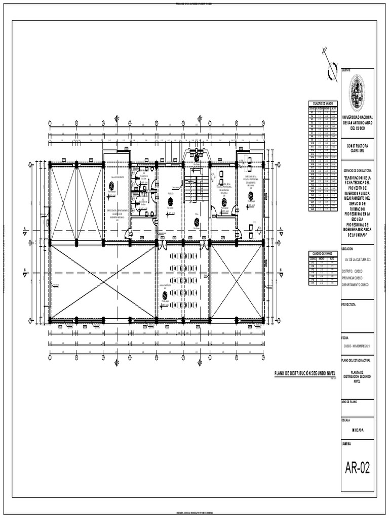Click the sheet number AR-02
[x=358, y=468]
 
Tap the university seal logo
[x=358, y=93]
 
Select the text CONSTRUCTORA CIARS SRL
[x=358, y=148]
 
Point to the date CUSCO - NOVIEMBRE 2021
[x=358, y=345]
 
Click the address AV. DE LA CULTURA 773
[x=358, y=259]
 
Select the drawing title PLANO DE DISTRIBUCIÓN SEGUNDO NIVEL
[x=305, y=373]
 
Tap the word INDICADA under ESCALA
[x=358, y=430]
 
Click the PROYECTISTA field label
[x=349, y=306]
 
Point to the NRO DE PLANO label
[x=351, y=401]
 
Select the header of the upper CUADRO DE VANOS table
[x=322, y=103]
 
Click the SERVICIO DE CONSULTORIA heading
[x=358, y=170]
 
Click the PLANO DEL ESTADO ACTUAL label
[x=356, y=361]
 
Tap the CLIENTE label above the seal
[x=346, y=70]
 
